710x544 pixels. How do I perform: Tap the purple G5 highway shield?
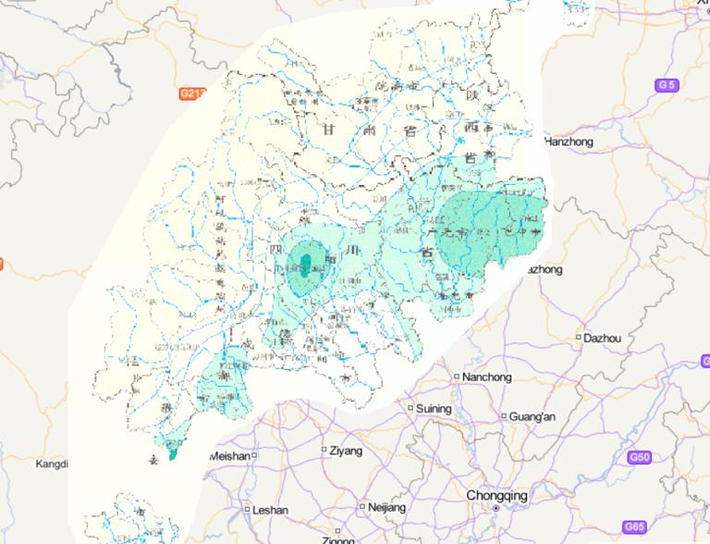(666, 85)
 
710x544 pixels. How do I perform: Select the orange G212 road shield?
(193, 93)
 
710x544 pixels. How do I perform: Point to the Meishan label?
(229, 456)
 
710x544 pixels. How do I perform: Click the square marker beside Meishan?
(253, 455)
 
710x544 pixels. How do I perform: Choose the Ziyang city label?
(345, 451)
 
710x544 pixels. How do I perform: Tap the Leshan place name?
(270, 510)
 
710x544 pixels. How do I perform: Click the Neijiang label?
(386, 508)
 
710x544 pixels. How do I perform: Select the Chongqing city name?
(496, 495)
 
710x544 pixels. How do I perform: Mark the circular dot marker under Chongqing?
(496, 509)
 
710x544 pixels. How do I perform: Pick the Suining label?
(434, 408)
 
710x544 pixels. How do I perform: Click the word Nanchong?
(486, 377)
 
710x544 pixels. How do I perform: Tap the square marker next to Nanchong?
(457, 377)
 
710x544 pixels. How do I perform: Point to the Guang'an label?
(532, 416)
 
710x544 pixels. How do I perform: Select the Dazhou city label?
(602, 339)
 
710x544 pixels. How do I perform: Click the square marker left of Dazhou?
(579, 338)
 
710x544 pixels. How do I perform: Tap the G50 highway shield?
(639, 457)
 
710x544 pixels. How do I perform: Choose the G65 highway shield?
(634, 526)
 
